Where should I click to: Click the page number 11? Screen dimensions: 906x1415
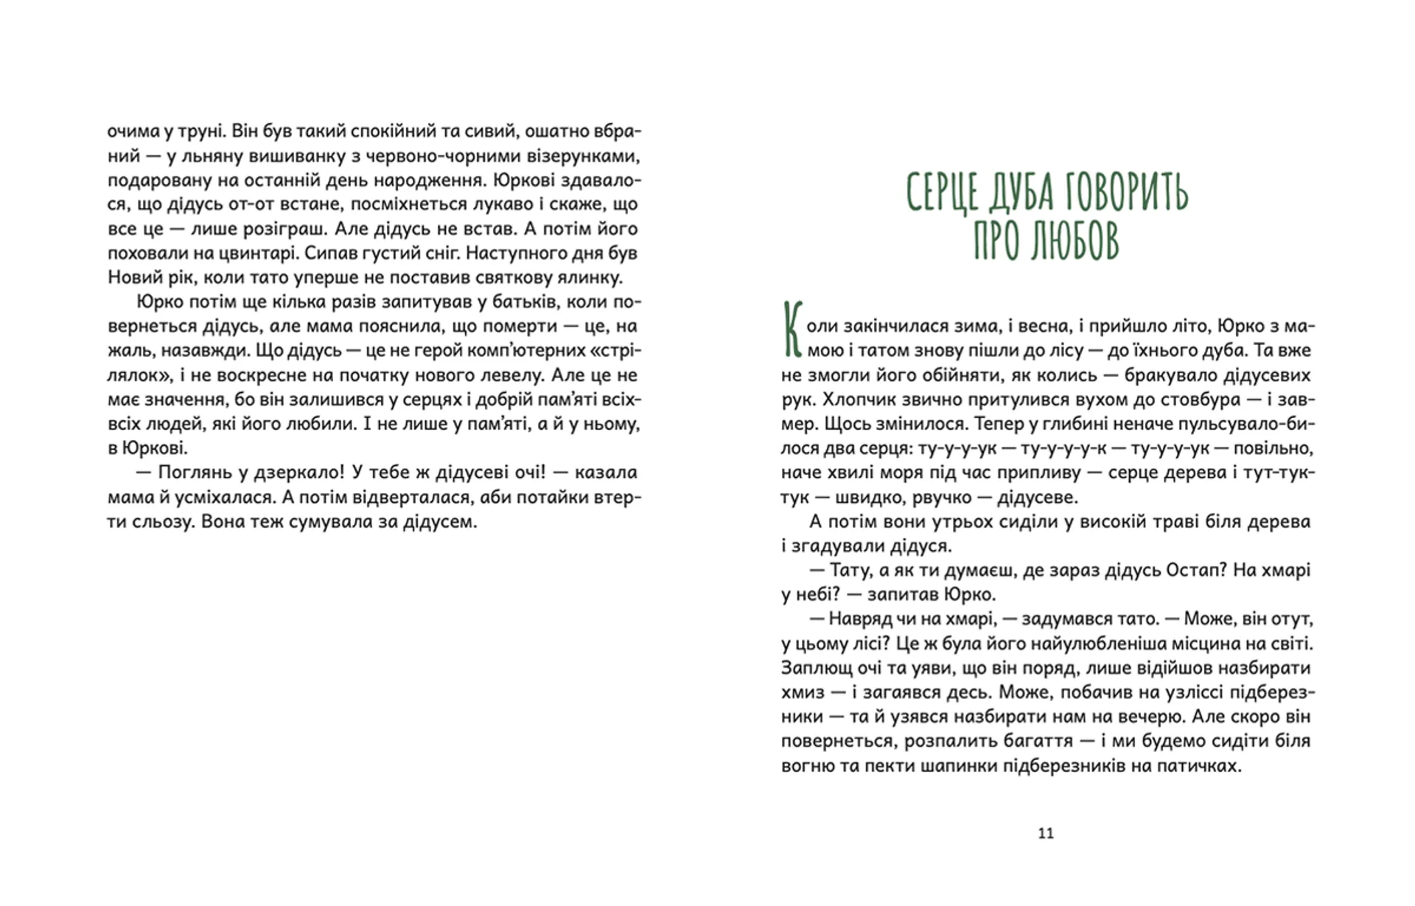tap(1046, 833)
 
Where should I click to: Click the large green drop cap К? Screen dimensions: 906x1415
tap(792, 330)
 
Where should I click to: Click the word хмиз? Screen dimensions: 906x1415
tap(802, 692)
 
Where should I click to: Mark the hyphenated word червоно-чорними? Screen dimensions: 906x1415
tap(434, 156)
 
